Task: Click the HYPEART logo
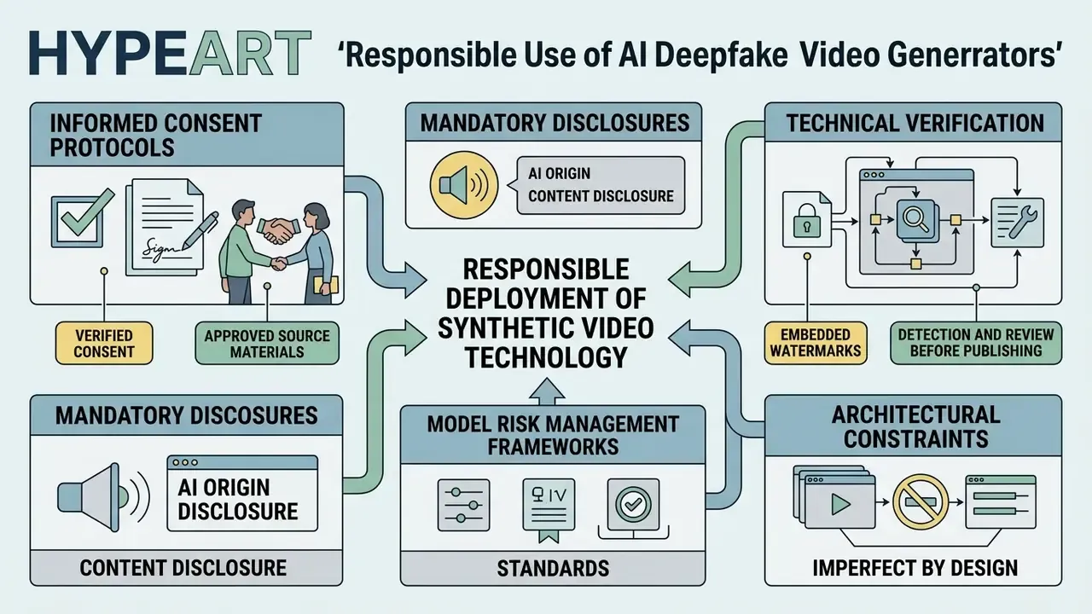(x=170, y=53)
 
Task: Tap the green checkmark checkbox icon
(x=81, y=218)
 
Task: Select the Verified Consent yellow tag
(x=104, y=343)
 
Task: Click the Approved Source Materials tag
(x=267, y=343)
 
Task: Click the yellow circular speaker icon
(x=464, y=185)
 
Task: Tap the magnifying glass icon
(x=915, y=219)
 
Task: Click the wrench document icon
(x=1018, y=223)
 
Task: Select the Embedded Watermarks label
(x=816, y=343)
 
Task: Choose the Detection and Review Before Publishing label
(x=976, y=343)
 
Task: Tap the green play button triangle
(x=839, y=504)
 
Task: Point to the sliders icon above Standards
(x=463, y=505)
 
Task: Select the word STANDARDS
(x=553, y=568)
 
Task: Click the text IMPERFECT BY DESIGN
(x=915, y=568)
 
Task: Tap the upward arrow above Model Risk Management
(x=547, y=391)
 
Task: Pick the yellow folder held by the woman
(x=326, y=285)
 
